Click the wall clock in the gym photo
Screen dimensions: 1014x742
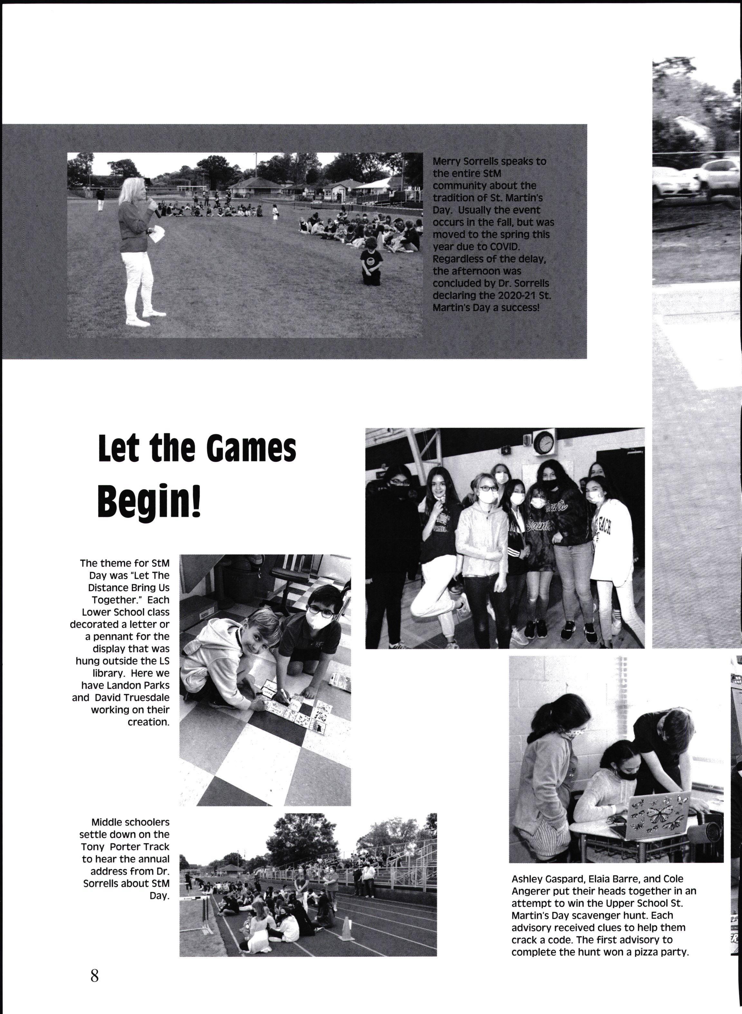544,443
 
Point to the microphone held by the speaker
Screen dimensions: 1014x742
156,208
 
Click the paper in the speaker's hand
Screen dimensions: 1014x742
157,234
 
